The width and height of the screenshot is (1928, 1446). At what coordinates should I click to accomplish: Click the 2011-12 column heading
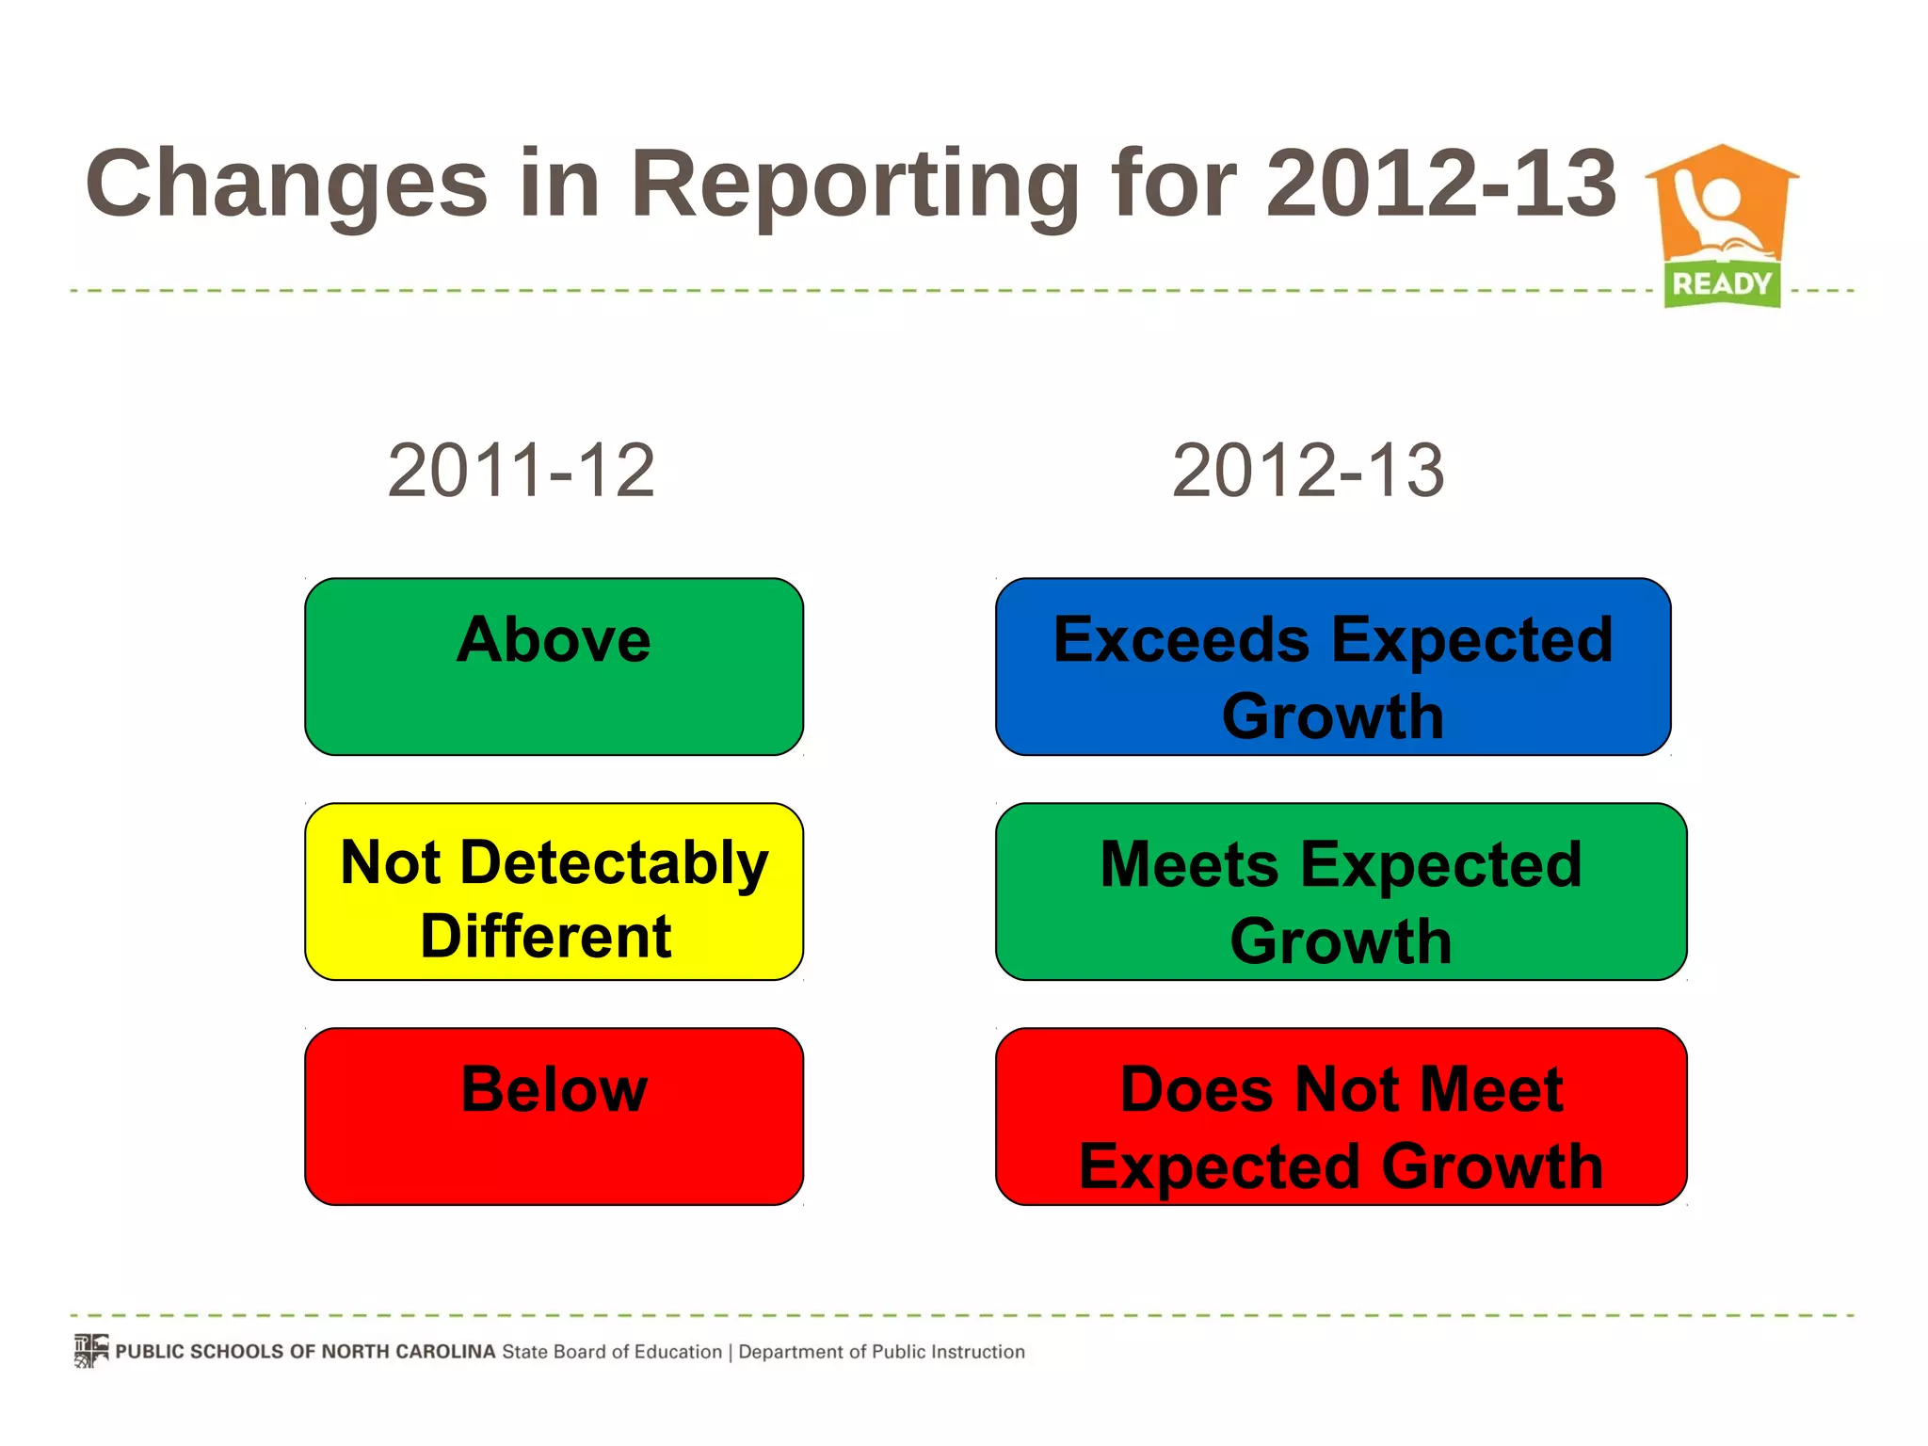point(521,471)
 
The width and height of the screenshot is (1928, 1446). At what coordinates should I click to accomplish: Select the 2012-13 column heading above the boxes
point(1308,471)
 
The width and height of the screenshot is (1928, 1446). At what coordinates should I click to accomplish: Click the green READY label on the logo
point(1722,283)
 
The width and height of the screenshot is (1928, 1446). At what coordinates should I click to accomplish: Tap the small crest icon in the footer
point(91,1350)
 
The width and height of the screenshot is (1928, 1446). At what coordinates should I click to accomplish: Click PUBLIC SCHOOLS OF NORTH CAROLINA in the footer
point(305,1352)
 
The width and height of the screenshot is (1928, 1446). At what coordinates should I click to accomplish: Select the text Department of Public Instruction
point(881,1352)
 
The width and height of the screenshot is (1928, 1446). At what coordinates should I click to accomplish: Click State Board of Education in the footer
point(612,1352)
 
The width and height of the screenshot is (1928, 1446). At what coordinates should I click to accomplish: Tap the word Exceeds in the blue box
point(1181,640)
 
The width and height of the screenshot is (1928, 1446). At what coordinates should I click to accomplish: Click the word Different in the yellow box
point(546,937)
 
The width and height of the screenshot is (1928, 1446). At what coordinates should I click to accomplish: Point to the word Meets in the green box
point(1189,864)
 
